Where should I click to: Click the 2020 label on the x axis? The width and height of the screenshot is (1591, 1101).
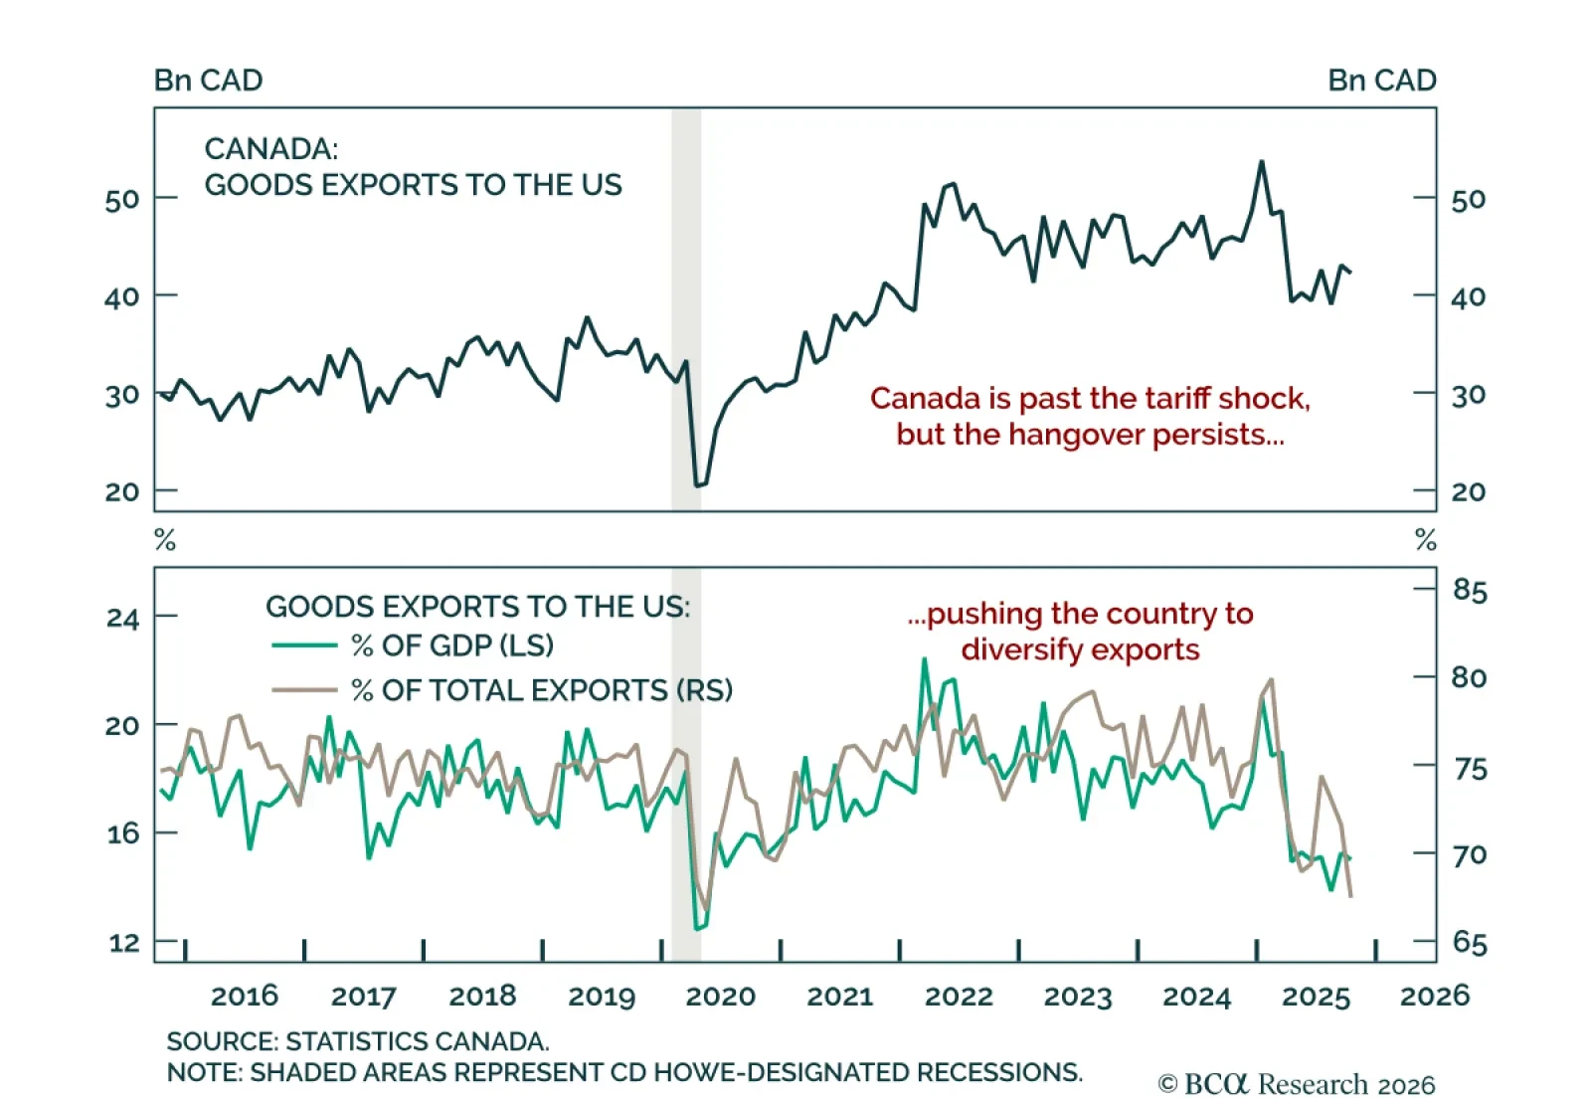click(x=720, y=996)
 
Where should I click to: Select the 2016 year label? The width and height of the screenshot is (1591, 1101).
click(x=245, y=996)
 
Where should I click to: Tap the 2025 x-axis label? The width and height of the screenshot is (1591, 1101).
click(x=1316, y=996)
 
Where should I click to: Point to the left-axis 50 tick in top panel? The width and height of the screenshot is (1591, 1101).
click(x=122, y=200)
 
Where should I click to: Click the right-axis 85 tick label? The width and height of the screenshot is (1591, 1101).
click(x=1469, y=590)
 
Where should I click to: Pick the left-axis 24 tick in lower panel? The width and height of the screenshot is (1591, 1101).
click(x=122, y=618)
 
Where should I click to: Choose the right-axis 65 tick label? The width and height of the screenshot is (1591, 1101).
click(x=1469, y=941)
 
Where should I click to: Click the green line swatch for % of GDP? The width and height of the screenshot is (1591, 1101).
click(x=304, y=645)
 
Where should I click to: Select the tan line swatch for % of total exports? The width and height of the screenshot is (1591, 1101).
click(x=304, y=689)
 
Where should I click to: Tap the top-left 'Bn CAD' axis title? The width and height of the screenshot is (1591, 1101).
click(x=208, y=81)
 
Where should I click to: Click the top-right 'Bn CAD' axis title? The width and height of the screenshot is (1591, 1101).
click(x=1381, y=81)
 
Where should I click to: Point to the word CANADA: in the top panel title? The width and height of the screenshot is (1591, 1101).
click(x=270, y=149)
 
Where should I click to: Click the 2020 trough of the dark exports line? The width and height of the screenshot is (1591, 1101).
click(x=699, y=485)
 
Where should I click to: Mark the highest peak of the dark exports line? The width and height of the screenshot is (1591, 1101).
click(x=1261, y=161)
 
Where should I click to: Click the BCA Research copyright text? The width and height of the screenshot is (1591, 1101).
click(x=1297, y=1084)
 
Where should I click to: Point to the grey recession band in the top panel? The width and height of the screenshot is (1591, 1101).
click(x=686, y=308)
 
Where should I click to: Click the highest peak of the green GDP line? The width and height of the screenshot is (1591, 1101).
click(x=924, y=658)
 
